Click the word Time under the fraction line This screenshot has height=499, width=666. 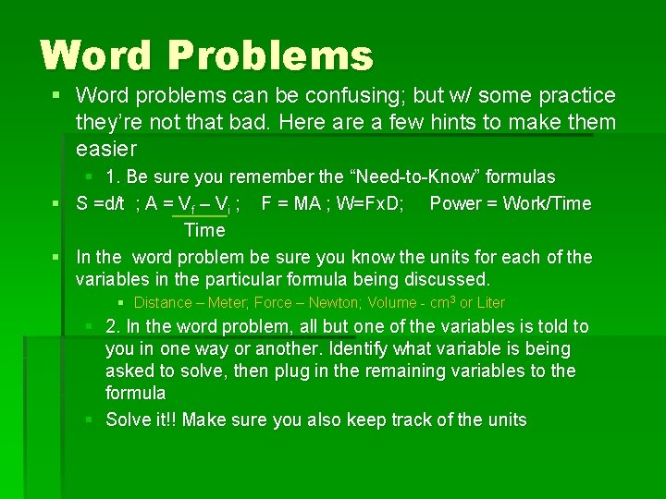click(204, 230)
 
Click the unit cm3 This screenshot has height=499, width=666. click(438, 302)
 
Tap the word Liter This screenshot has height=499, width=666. click(490, 303)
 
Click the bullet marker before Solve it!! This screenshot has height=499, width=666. click(90, 420)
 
